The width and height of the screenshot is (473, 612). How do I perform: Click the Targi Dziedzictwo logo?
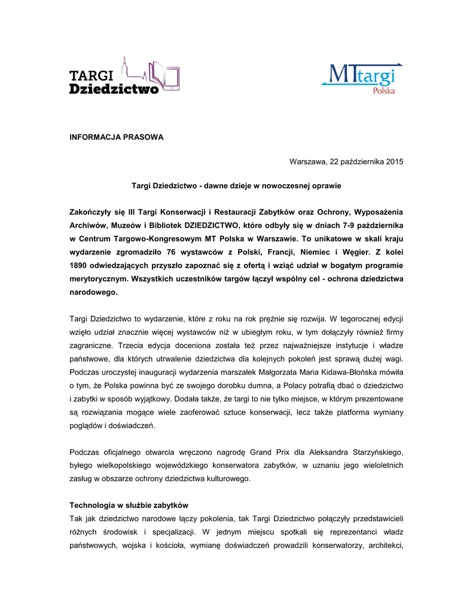click(x=124, y=76)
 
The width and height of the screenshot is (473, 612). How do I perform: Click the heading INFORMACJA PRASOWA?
click(x=116, y=137)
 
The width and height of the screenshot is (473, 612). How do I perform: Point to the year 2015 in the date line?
click(x=395, y=161)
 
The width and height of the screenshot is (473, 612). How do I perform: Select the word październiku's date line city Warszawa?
click(x=308, y=161)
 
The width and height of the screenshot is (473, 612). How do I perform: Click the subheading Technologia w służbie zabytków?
click(x=129, y=505)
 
